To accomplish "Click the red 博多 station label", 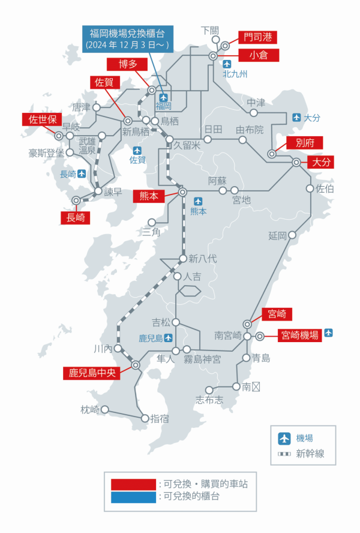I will [x=124, y=64].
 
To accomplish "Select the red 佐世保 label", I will [x=41, y=118].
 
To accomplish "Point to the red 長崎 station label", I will [x=75, y=217].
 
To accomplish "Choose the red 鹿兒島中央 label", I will [x=91, y=373].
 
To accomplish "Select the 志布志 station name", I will [x=209, y=400].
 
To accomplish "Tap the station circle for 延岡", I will [x=292, y=235].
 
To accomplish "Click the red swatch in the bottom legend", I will [x=133, y=484].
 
